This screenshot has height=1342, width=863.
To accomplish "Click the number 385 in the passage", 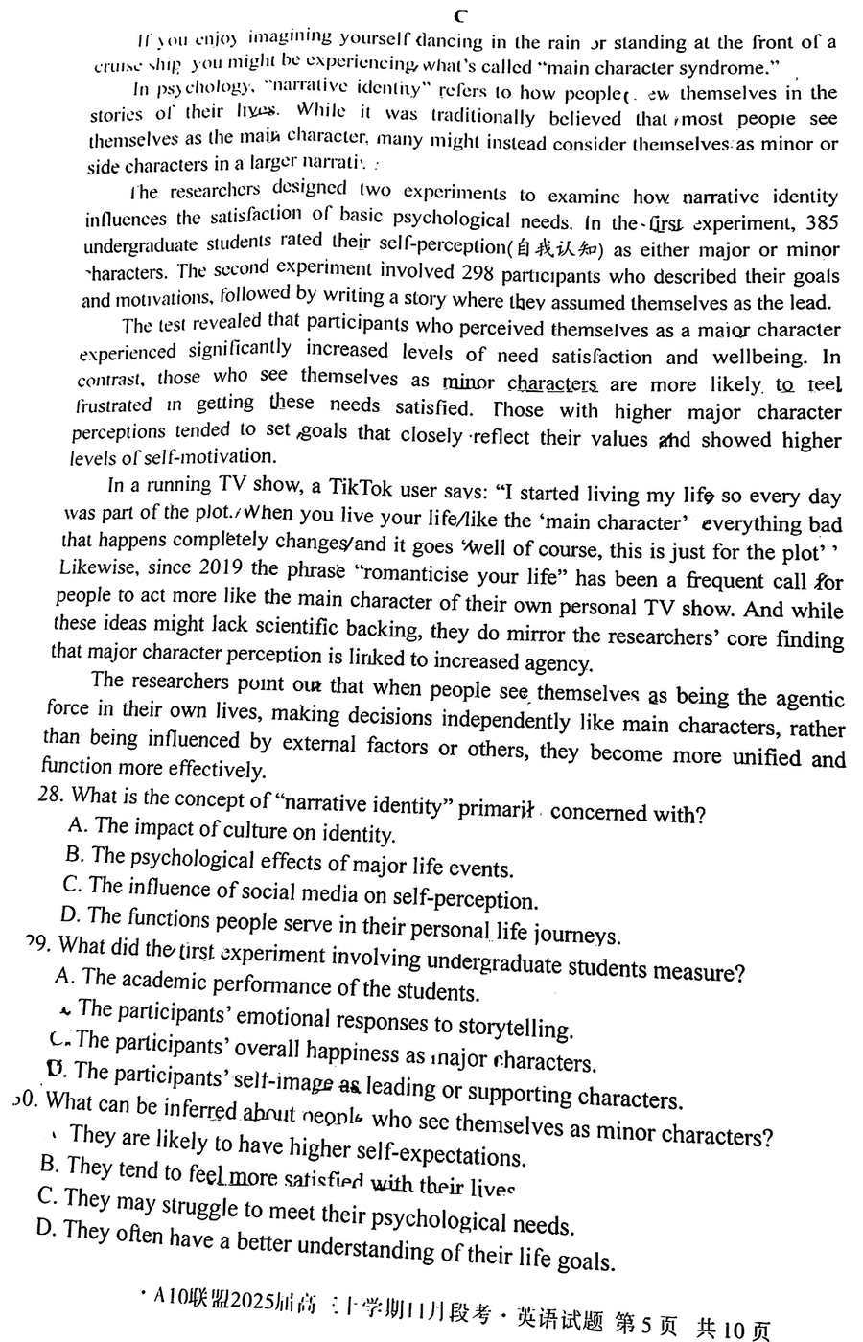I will click(x=820, y=223).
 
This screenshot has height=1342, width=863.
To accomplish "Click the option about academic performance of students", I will click(x=268, y=984).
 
